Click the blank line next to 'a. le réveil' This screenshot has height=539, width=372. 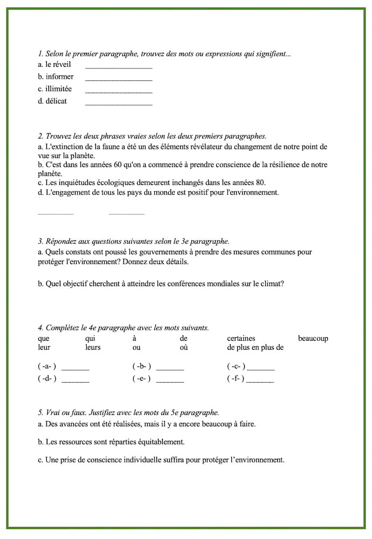[x=119, y=67]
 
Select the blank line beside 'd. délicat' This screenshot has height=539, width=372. [x=119, y=104]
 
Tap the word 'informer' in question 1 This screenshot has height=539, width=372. [x=59, y=77]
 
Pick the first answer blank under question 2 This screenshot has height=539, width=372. [x=55, y=213]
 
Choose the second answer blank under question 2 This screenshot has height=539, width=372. [x=126, y=213]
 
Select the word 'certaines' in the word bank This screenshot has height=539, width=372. [x=241, y=338]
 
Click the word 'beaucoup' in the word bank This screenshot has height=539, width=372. [x=313, y=338]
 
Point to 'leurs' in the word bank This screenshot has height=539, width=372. [x=93, y=348]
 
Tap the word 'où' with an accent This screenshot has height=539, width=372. [x=184, y=348]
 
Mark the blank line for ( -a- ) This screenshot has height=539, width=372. [x=75, y=369]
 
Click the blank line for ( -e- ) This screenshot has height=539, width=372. [x=170, y=381]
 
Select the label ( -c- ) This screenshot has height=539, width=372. [x=236, y=367]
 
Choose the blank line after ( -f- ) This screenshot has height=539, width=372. [x=260, y=381]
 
